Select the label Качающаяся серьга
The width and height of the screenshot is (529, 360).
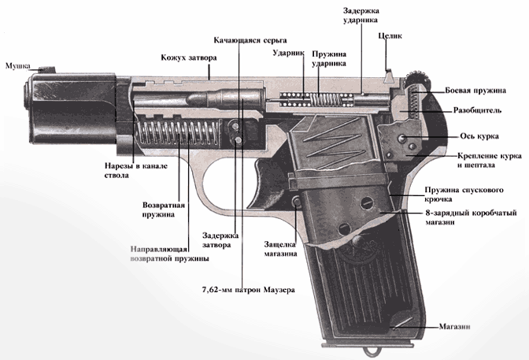[250, 39]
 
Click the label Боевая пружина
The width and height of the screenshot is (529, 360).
[472, 91]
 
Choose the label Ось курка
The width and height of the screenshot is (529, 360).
[475, 135]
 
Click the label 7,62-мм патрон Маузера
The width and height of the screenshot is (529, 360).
[248, 290]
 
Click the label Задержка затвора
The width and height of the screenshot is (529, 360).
[216, 239]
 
